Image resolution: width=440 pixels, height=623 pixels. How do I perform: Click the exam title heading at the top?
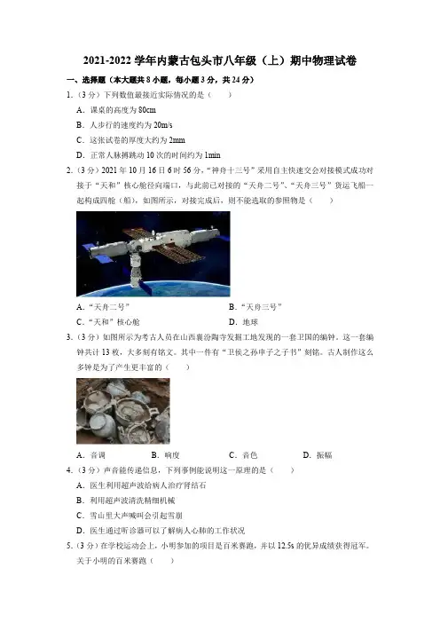[220, 60]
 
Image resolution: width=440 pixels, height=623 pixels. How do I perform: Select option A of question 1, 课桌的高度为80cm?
[116, 110]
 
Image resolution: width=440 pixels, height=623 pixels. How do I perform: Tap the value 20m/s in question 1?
[163, 125]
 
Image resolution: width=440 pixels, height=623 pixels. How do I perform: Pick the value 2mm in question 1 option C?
[177, 140]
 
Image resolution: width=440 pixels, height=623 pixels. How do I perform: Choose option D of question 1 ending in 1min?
[148, 155]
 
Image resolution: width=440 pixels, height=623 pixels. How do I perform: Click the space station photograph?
[153, 254]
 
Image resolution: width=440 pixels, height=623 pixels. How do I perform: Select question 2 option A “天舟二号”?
[103, 307]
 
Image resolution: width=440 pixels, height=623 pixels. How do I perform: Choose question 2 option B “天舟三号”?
[255, 307]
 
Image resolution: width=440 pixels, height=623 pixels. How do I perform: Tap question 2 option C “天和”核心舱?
[108, 322]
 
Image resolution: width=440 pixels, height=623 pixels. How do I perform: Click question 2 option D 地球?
[243, 322]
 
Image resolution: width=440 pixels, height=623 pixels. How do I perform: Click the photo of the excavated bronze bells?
[123, 411]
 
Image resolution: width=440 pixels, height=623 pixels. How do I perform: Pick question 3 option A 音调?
[91, 455]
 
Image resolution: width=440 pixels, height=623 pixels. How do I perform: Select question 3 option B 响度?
[166, 455]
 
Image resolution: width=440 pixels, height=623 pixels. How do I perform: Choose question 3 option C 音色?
[243, 455]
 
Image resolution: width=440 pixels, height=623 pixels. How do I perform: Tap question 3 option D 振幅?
[318, 455]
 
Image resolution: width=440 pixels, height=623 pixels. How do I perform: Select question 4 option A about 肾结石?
[141, 485]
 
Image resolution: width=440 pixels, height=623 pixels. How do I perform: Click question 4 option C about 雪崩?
[129, 516]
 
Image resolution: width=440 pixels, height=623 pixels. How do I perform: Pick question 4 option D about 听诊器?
[161, 531]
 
